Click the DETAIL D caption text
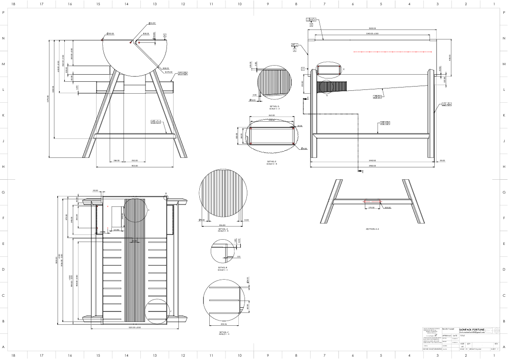coord(274,107)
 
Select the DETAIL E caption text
coord(272,163)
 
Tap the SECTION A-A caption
coord(372,229)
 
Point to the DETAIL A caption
coord(223,229)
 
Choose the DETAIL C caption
coord(224,333)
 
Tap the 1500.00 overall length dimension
coord(372,28)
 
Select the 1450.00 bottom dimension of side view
coord(372,165)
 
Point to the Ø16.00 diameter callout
coord(152,23)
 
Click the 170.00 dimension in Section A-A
coord(371,207)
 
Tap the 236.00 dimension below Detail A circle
coord(222,225)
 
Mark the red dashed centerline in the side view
coord(392,51)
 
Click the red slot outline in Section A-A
coord(372,202)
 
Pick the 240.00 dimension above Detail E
coord(272,116)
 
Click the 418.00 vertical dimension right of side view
coord(450,57)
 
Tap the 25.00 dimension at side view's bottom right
coord(442,161)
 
